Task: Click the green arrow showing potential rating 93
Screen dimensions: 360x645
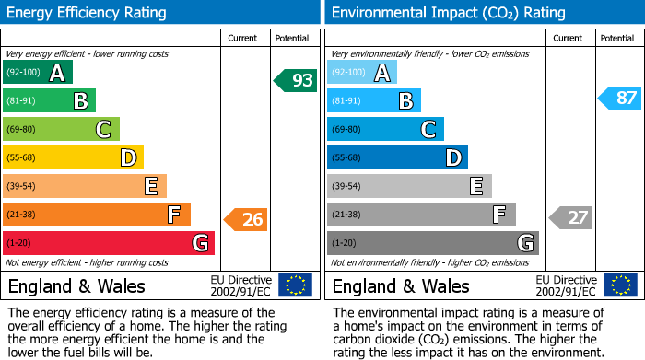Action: (296, 81)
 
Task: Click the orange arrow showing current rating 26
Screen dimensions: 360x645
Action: (246, 219)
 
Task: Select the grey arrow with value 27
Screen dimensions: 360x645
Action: (571, 217)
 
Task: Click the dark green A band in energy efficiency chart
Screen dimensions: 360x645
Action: (38, 73)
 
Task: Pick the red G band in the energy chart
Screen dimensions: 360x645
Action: (109, 243)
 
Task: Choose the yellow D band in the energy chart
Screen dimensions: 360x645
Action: (73, 157)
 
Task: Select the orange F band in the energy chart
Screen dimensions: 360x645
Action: (97, 215)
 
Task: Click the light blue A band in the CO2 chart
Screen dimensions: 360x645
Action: (362, 73)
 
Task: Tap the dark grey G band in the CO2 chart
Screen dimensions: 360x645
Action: (432, 243)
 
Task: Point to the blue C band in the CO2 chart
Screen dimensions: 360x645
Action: (385, 130)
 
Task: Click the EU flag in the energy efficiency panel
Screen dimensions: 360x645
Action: (295, 285)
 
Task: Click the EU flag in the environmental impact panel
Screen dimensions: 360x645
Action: (620, 285)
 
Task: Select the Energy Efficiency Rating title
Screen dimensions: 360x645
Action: (88, 13)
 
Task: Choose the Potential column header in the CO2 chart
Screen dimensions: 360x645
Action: (617, 38)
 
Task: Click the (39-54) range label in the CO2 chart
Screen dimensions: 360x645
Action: (349, 186)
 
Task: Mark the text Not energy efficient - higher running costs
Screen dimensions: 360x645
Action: (88, 262)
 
